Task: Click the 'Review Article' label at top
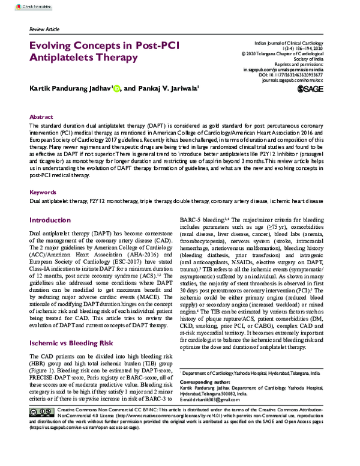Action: (x=46, y=29)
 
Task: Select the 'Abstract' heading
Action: (x=41, y=118)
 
